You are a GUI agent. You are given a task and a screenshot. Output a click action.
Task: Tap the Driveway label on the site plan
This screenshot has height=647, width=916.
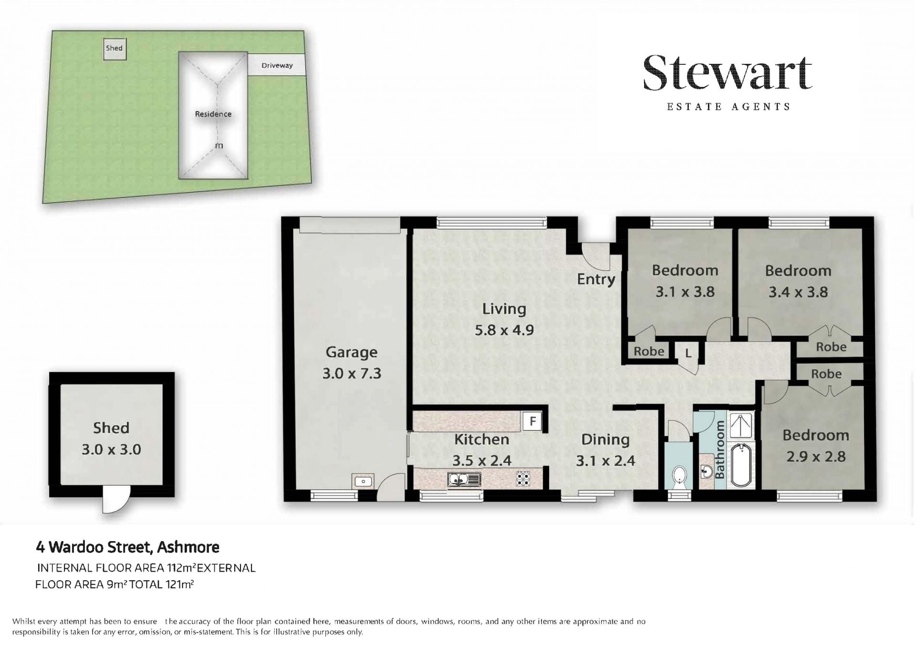[277, 65]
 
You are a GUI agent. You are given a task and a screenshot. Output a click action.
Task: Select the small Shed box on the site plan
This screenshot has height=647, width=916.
[114, 49]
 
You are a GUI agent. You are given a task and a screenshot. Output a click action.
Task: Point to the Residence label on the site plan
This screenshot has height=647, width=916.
[213, 114]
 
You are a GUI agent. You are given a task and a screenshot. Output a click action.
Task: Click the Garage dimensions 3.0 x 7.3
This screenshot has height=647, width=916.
[352, 373]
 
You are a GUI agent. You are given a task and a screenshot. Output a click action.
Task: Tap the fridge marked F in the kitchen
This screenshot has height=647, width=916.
[532, 421]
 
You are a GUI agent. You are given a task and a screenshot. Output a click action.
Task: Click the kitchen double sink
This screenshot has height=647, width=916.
[464, 479]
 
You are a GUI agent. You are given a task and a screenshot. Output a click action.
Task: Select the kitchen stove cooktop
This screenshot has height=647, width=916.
[523, 478]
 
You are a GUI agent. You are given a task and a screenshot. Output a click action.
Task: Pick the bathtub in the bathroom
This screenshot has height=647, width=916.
[741, 465]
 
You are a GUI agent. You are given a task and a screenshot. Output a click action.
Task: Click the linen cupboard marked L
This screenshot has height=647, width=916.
[688, 353]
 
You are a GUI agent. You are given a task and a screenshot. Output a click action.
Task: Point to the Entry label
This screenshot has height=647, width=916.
[596, 279]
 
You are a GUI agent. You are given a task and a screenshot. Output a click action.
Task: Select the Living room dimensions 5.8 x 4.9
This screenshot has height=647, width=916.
[504, 329]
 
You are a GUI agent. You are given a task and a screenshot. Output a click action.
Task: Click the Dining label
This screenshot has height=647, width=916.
[605, 439]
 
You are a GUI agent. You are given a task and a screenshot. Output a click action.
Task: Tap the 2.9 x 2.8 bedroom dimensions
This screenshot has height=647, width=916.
[816, 456]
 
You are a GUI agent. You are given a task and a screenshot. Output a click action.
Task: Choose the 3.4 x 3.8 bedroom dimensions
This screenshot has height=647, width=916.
[798, 292]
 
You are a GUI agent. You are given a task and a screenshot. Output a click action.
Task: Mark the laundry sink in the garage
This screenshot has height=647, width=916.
[363, 481]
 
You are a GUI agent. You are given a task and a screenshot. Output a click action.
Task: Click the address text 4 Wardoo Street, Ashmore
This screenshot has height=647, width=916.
[128, 547]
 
